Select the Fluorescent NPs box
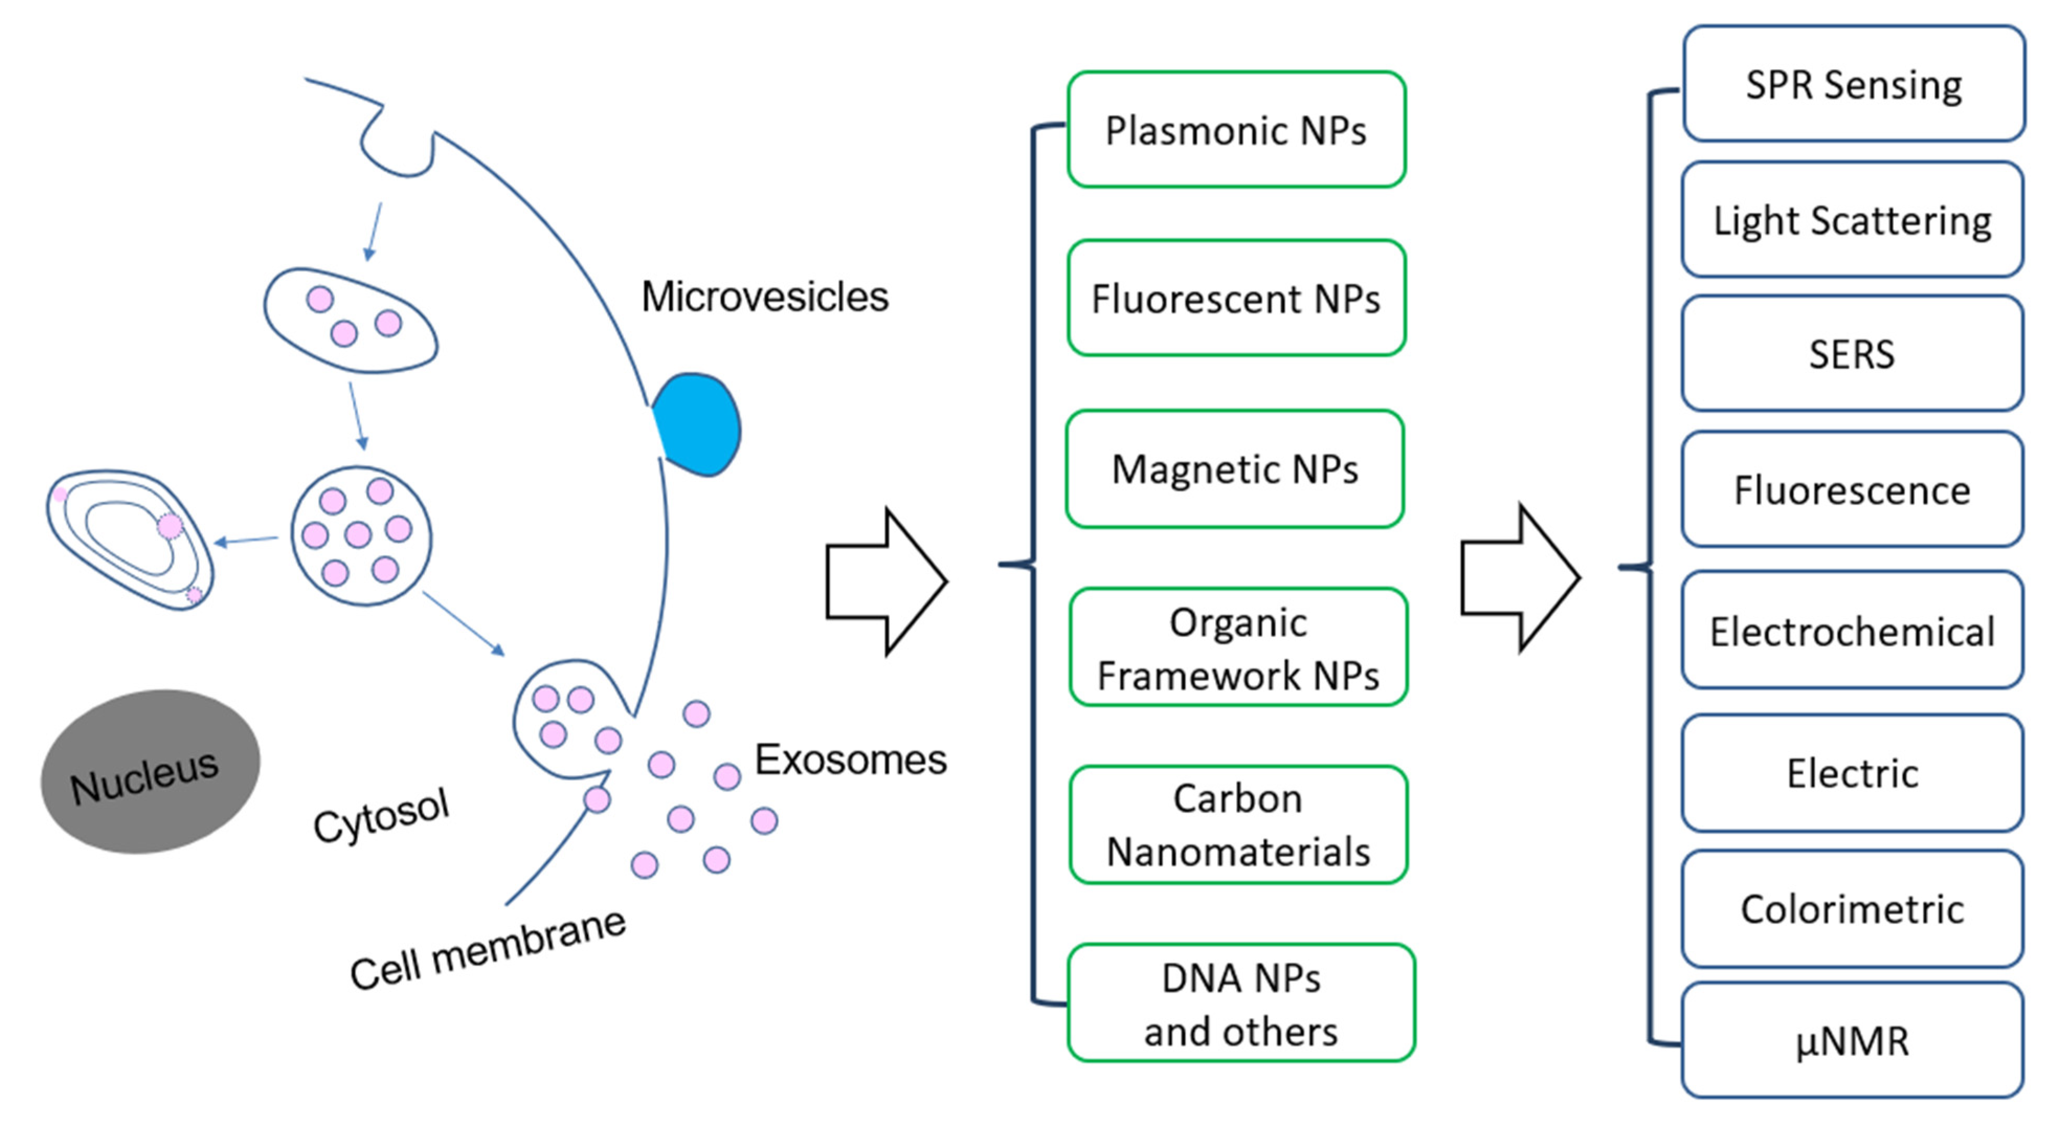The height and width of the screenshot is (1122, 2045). (1236, 298)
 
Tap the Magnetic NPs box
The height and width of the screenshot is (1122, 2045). (1234, 469)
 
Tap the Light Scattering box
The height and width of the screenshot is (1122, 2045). (1851, 219)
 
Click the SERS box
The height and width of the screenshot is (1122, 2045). (1851, 353)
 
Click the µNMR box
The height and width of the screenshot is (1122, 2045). (1851, 1040)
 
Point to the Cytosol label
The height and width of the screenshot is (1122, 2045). (381, 816)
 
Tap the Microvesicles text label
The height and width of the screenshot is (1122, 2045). (765, 297)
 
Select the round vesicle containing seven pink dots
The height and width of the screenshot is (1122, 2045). (361, 535)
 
